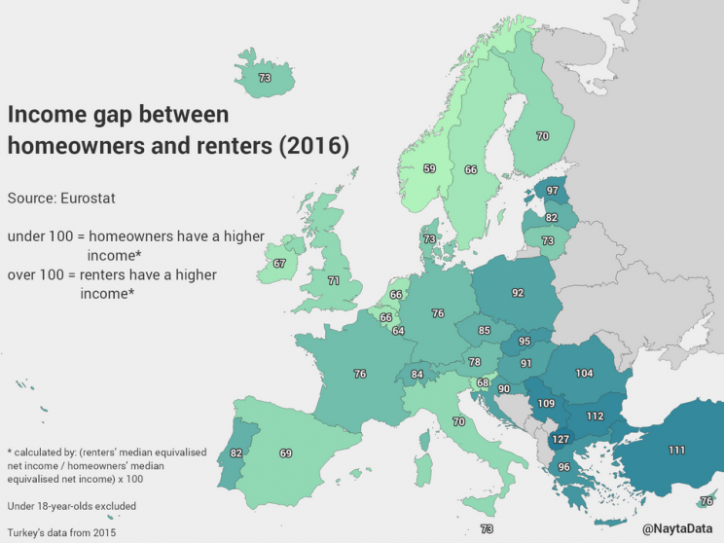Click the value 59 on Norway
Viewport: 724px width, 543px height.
pos(429,168)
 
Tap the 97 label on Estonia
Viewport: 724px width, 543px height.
pos(552,191)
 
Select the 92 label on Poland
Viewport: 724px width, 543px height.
pos(518,291)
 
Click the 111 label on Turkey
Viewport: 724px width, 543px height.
pos(676,450)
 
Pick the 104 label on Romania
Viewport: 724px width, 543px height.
pos(584,374)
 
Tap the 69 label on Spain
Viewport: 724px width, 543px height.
pos(285,453)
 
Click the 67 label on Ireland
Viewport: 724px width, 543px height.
pos(279,264)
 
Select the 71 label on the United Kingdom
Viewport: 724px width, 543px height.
pos(333,280)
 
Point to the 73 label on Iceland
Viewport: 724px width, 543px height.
pos(265,78)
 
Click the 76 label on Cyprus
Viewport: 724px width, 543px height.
pos(706,501)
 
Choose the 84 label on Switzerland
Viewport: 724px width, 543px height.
pos(417,374)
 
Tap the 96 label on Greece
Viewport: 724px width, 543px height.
pos(562,467)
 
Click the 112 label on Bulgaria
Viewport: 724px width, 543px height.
pos(596,416)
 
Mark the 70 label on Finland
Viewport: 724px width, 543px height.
pos(542,137)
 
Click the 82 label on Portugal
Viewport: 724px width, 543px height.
pos(235,453)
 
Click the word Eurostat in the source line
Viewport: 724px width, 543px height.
pos(89,198)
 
